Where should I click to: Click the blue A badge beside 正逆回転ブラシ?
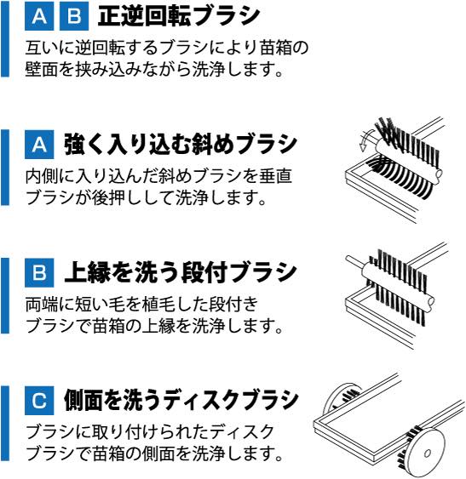39,16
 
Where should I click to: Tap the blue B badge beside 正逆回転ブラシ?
74,16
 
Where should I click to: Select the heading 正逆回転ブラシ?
179,16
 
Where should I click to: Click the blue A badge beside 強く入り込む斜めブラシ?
39,144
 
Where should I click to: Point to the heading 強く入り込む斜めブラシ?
181,144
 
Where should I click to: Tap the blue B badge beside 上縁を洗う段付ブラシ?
39,272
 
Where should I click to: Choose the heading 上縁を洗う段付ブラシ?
181,272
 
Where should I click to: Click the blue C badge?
39,401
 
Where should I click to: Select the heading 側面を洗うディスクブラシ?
181,401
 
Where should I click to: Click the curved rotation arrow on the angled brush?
365,139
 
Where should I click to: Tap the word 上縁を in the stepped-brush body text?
168,327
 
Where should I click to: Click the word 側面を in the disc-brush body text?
168,454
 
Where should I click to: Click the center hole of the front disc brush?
428,453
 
